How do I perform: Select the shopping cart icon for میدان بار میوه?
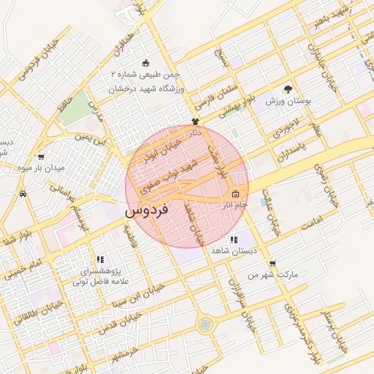coord(41,156)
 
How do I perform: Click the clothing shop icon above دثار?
coord(195,121)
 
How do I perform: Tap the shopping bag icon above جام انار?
coord(235,194)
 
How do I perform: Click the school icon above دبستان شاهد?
coord(233,240)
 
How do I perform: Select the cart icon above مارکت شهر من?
coord(272,264)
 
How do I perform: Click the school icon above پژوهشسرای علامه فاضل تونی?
coord(100,259)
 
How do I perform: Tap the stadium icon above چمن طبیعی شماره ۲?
coord(145,63)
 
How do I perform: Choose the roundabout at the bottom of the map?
coord(206,323)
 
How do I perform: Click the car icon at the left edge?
coord(23,194)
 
